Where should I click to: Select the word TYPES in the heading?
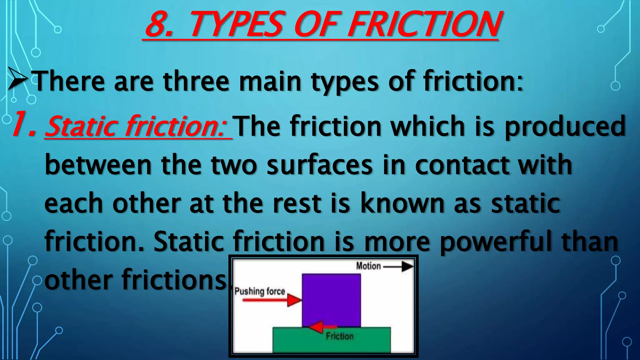pos(236,24)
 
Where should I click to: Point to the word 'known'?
pos(402,204)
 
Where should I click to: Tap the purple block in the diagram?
pos(331,297)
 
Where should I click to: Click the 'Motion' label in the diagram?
pos(368,266)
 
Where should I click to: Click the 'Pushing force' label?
pos(260,291)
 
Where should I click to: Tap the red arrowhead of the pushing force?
pos(294,300)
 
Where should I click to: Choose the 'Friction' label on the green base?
pos(340,336)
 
